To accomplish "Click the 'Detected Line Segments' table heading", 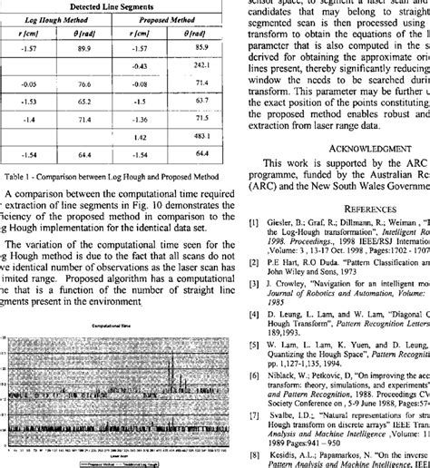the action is pyautogui.click(x=114, y=6).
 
